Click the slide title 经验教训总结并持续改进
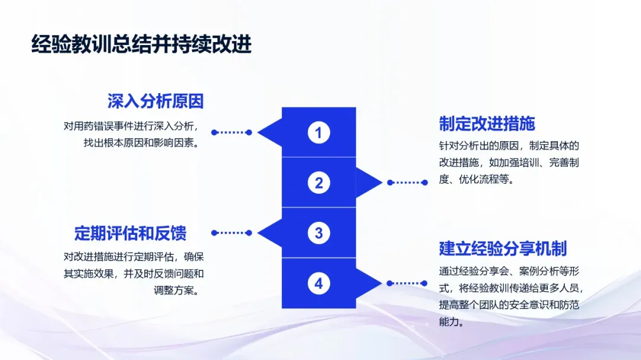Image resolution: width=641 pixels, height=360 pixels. pyautogui.click(x=141, y=44)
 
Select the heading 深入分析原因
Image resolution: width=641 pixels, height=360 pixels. pyautogui.click(x=156, y=101)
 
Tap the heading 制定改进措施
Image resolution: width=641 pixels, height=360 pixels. pyautogui.click(x=487, y=123)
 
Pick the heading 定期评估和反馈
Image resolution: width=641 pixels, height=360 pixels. pyautogui.click(x=131, y=233)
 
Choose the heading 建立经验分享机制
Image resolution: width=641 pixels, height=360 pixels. pyautogui.click(x=503, y=248)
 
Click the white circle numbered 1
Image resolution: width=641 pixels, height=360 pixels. pyautogui.click(x=319, y=132)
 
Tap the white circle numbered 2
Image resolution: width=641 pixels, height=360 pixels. pyautogui.click(x=319, y=183)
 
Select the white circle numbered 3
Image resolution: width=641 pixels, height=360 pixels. pyautogui.click(x=319, y=233)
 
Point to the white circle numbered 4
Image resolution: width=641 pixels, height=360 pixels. pyautogui.click(x=319, y=283)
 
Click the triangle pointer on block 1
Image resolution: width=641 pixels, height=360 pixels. pyautogui.click(x=271, y=132)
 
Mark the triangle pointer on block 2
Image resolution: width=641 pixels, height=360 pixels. pyautogui.click(x=368, y=183)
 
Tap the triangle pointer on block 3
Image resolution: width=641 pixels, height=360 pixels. pyautogui.click(x=271, y=233)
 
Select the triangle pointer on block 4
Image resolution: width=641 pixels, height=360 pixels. pyautogui.click(x=368, y=283)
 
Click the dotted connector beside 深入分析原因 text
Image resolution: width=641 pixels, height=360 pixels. pyautogui.click(x=231, y=132)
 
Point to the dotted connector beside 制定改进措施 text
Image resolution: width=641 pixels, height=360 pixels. pyautogui.click(x=407, y=183)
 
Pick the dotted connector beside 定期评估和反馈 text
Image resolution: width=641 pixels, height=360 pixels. pyautogui.click(x=231, y=233)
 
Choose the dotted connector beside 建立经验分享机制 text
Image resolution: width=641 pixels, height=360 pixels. pyautogui.click(x=407, y=283)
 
